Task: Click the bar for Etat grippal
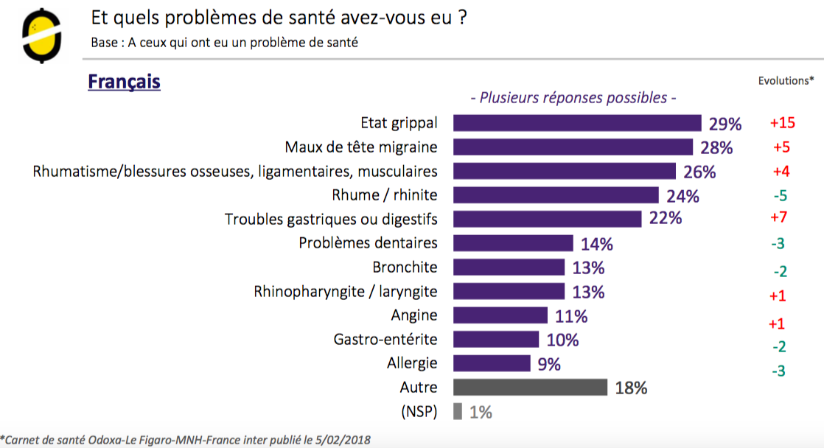point(576,123)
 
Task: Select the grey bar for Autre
point(530,388)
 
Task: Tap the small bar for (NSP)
point(458,412)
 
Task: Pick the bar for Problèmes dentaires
point(513,243)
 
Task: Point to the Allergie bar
point(492,363)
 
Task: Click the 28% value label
point(716,147)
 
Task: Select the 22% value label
point(666,219)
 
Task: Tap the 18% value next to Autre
point(631,388)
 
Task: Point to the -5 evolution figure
point(781,196)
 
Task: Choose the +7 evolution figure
point(781,219)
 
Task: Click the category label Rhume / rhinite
point(385,195)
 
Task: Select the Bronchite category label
point(405,267)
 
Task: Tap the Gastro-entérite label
point(385,340)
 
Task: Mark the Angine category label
point(414,315)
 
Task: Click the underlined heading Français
point(124,81)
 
